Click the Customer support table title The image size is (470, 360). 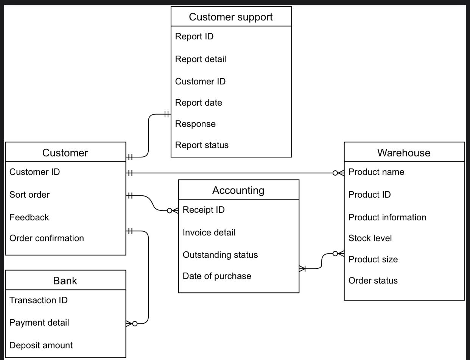[x=231, y=17]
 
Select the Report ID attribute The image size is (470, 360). [x=194, y=36]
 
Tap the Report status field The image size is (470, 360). [x=202, y=145]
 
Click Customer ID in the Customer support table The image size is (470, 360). [x=200, y=81]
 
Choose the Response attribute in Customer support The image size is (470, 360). [x=195, y=124]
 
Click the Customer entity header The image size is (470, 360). [x=65, y=153]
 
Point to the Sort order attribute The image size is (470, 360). [x=30, y=195]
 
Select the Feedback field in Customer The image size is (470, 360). [x=29, y=217]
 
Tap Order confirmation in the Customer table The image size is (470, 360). [x=47, y=238]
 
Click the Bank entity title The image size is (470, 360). [x=65, y=281]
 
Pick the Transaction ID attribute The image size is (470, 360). [x=38, y=300]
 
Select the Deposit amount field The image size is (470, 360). [x=41, y=345]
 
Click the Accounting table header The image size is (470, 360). [x=238, y=190]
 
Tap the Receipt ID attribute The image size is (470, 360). [x=204, y=210]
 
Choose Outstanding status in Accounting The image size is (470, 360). [x=220, y=255]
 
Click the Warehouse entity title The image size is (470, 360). [x=404, y=153]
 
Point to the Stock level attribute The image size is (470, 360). [x=370, y=238]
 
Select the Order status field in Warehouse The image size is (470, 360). [x=373, y=281]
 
